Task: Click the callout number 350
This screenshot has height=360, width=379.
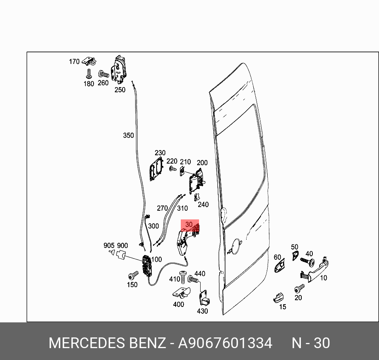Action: pos(128,135)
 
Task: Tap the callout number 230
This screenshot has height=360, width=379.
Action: pos(160,153)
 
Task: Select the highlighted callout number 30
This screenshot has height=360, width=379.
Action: pos(189,225)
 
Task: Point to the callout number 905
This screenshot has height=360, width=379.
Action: pos(109,246)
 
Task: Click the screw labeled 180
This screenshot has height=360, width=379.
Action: pos(89,74)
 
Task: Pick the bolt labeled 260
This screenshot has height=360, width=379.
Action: pos(103,74)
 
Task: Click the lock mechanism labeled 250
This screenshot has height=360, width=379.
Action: pos(119,70)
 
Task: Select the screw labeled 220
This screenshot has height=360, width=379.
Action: pos(172,169)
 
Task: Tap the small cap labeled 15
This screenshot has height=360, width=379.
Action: pos(279,297)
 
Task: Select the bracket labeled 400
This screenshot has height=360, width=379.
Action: pos(180,293)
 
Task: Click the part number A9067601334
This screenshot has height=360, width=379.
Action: pos(225,343)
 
